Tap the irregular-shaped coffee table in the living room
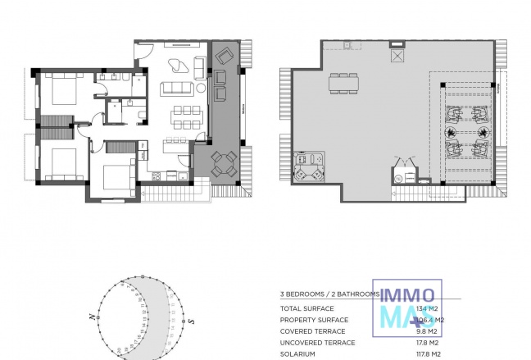176,66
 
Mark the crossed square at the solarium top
398,57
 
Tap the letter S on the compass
192,321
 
